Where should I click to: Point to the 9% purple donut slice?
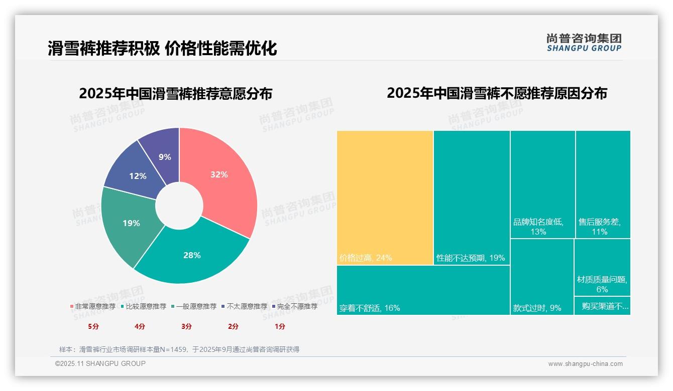(164, 155)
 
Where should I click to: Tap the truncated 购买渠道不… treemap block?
(602, 306)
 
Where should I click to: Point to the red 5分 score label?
(93, 326)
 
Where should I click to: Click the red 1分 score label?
(280, 326)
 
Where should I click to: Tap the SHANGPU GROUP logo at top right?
(584, 43)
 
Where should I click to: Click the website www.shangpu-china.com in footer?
(585, 364)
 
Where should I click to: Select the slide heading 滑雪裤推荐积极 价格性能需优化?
(162, 49)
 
